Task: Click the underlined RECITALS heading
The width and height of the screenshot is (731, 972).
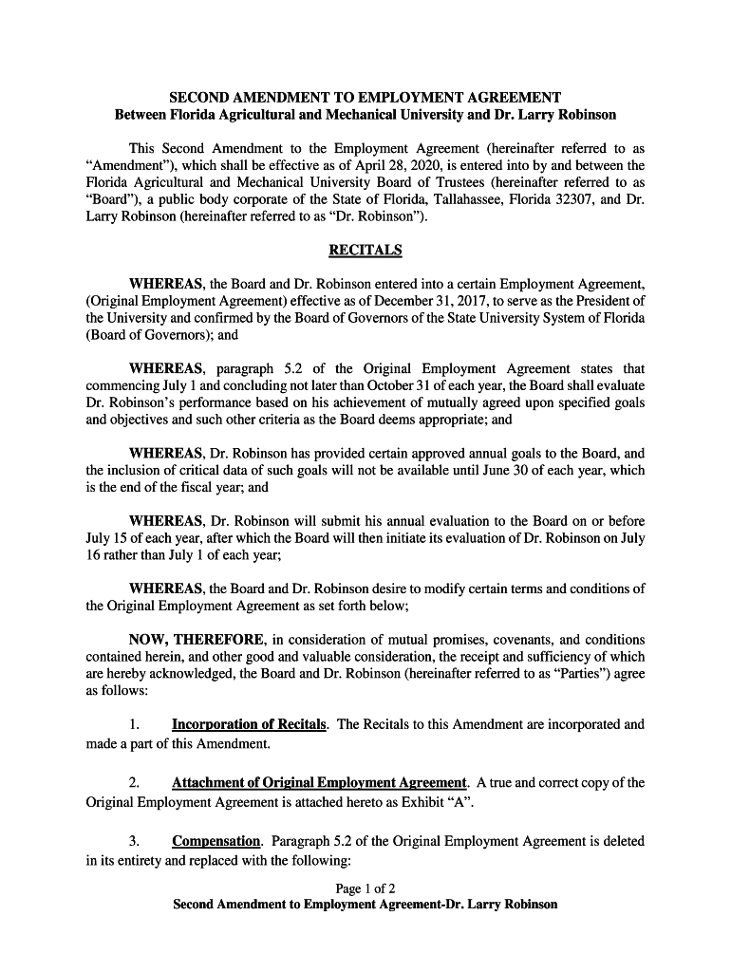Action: coord(365,251)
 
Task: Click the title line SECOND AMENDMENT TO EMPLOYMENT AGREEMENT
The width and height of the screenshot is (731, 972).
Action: coord(365,98)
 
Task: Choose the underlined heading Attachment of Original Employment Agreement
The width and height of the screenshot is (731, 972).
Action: coord(319,783)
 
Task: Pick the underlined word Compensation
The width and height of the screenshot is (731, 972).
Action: coord(216,842)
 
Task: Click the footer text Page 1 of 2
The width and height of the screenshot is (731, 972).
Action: coord(365,888)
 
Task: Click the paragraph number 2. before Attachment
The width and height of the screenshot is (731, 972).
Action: coord(135,783)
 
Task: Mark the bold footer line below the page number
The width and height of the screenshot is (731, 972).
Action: coord(365,905)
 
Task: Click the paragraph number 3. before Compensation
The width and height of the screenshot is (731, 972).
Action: coord(135,842)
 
